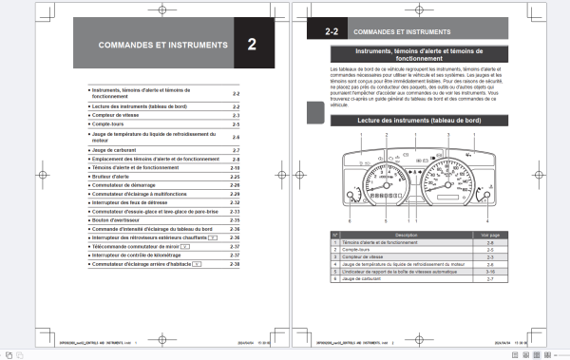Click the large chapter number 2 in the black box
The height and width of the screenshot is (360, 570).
pyautogui.click(x=252, y=45)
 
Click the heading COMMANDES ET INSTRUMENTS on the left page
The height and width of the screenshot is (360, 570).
pyautogui.click(x=162, y=45)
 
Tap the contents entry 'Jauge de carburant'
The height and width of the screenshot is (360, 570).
pyautogui.click(x=113, y=150)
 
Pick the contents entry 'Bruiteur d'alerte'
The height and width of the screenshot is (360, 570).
pyautogui.click(x=113, y=176)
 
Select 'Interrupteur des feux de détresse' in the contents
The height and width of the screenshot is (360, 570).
pyautogui.click(x=133, y=201)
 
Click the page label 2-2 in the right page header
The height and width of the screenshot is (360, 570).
pyautogui.click(x=332, y=31)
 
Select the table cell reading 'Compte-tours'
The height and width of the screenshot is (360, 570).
pyautogui.click(x=357, y=249)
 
